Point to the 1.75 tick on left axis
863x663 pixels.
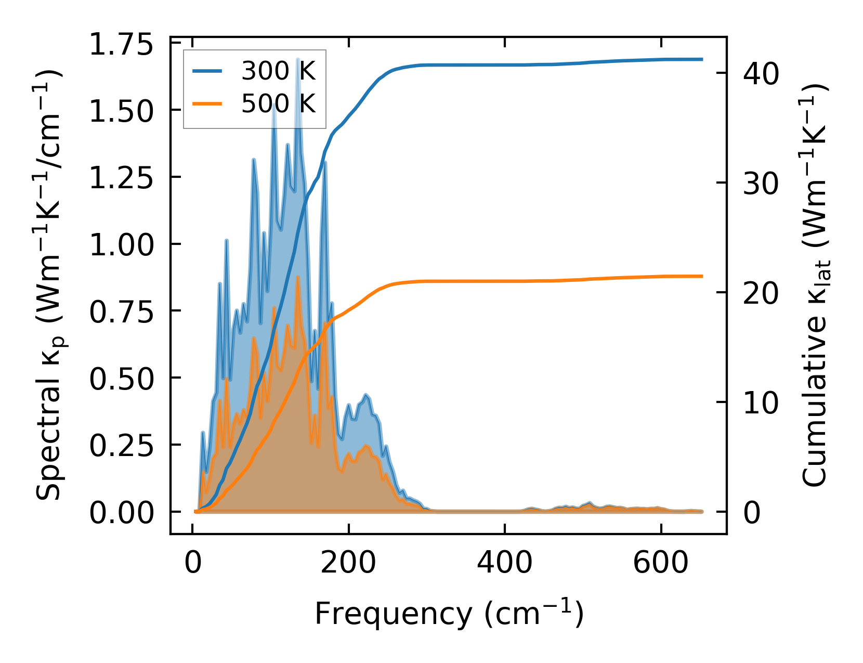click(x=121, y=45)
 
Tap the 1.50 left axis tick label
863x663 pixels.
click(x=121, y=111)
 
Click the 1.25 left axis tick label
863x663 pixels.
click(x=121, y=178)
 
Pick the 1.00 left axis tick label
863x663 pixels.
click(x=121, y=245)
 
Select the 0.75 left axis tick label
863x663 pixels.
click(x=121, y=312)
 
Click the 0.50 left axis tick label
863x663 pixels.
click(x=121, y=379)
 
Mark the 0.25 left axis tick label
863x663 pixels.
click(x=121, y=446)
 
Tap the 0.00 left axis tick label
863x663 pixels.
click(x=121, y=513)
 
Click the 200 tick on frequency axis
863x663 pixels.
click(x=348, y=563)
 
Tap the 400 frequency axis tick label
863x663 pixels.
click(x=504, y=563)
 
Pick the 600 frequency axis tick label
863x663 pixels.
click(x=660, y=563)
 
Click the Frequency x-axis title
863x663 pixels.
click(x=449, y=614)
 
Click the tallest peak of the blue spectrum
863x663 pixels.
click(x=298, y=60)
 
